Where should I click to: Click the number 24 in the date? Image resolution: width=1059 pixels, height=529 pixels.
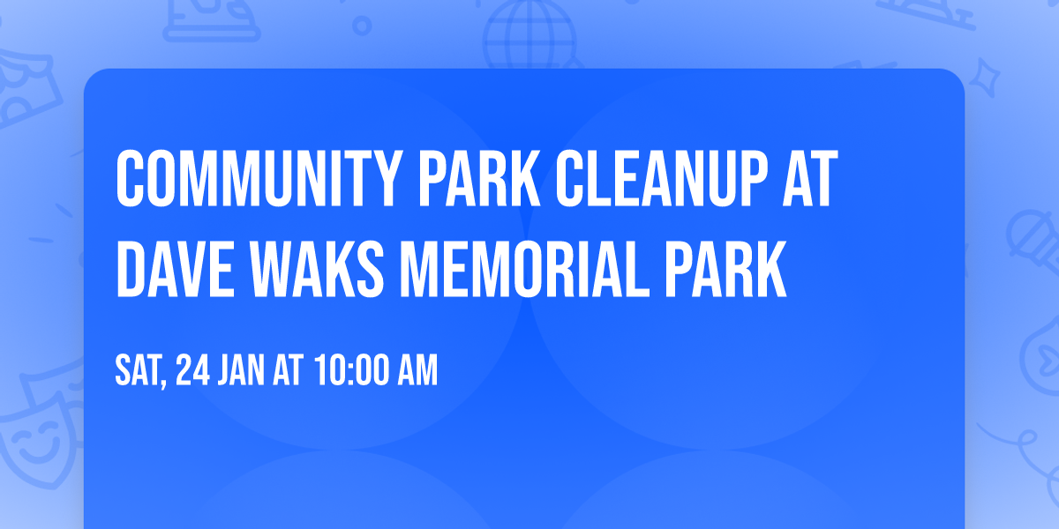pyautogui.click(x=192, y=371)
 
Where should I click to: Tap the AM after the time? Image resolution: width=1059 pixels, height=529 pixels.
pyautogui.click(x=417, y=371)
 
